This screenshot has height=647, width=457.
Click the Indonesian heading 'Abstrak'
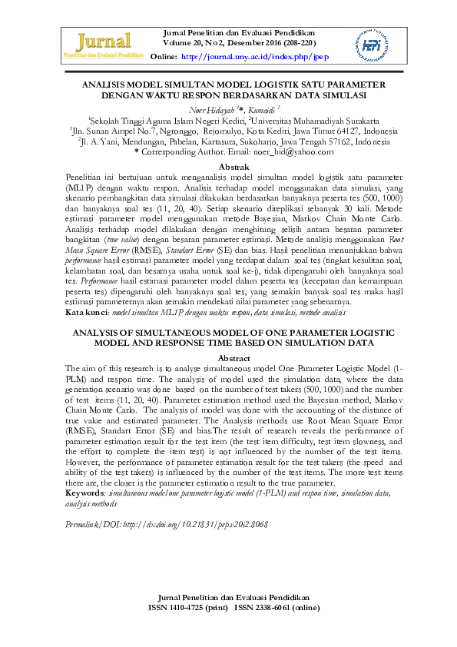click(234, 167)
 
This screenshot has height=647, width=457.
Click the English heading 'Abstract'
click(234, 359)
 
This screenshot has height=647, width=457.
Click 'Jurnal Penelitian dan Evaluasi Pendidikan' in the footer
click(233, 597)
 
